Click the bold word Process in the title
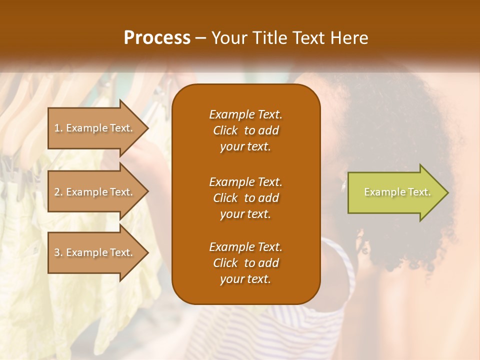click(157, 38)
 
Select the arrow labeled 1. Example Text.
click(95, 128)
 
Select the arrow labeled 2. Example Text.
click(95, 192)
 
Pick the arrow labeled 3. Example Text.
click(95, 252)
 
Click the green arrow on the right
click(395, 192)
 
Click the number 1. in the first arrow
click(58, 128)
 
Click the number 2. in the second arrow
click(58, 192)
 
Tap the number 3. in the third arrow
click(58, 252)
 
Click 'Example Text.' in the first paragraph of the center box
click(245, 114)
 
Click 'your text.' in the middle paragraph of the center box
click(245, 214)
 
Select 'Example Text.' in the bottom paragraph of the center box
click(245, 247)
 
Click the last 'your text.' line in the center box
click(245, 279)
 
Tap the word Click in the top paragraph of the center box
click(225, 131)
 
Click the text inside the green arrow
click(397, 192)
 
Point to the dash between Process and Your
click(201, 38)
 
